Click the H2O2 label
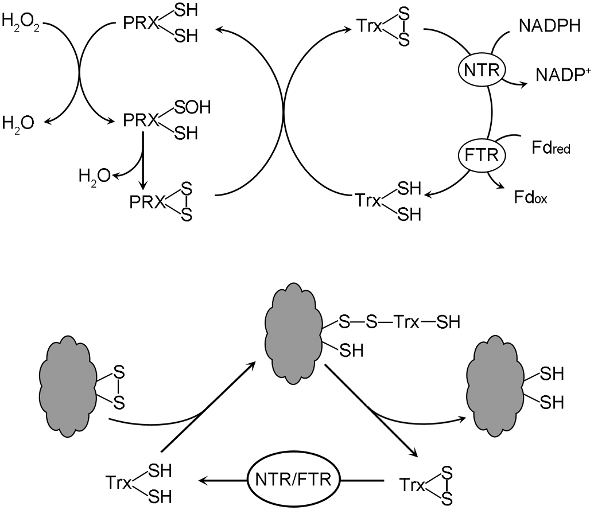tap(20, 24)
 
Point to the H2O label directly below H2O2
tap(17, 122)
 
